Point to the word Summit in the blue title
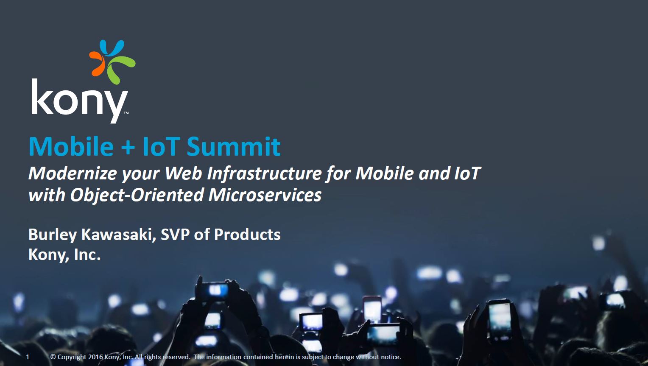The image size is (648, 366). tap(233, 146)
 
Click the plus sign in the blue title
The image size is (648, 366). tap(128, 147)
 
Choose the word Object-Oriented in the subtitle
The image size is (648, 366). tap(137, 195)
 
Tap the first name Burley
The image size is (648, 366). tap(53, 235)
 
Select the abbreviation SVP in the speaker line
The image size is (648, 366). tap(175, 235)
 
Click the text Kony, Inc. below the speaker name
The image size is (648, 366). tap(64, 255)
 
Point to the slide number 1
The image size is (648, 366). tap(28, 357)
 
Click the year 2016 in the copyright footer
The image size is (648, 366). tap(95, 357)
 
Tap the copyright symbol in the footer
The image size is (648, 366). tap(53, 357)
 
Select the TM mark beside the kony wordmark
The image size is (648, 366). tap(126, 113)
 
